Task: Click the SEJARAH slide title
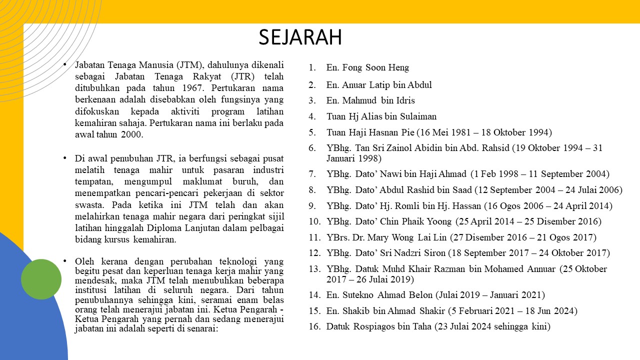[300, 37]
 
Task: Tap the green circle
[41, 279]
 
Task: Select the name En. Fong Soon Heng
[367, 67]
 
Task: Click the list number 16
[314, 327]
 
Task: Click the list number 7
[312, 174]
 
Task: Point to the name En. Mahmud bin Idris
[370, 100]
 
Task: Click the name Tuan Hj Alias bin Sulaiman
[381, 116]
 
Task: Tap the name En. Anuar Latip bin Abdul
[379, 85]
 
